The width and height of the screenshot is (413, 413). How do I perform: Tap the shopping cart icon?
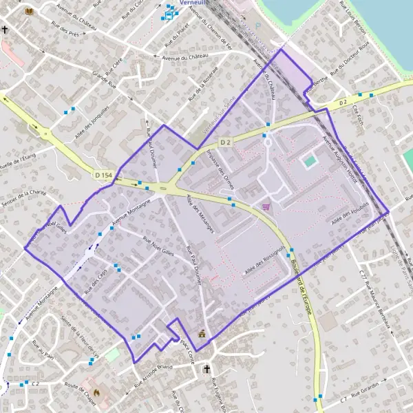[266, 206]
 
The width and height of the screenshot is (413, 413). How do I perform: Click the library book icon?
[28, 12]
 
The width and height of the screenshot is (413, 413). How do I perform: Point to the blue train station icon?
[169, 12]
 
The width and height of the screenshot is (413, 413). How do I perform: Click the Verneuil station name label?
[187, 3]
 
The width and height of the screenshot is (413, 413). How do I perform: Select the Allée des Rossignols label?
[264, 264]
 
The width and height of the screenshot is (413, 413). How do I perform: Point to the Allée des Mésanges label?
[200, 214]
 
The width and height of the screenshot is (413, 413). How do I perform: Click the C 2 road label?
[36, 383]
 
